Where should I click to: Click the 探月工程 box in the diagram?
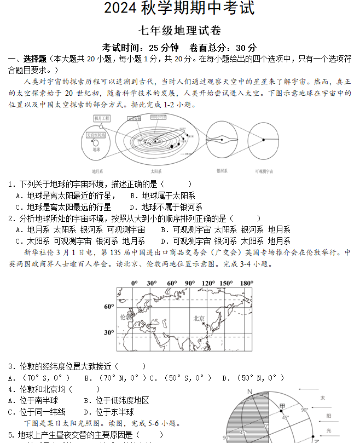click(102, 118)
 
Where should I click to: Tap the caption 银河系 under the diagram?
click(222, 171)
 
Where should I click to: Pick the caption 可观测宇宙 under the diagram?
click(264, 171)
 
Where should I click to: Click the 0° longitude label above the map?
click(135, 283)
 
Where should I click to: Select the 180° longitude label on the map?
click(247, 283)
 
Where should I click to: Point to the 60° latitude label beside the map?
click(109, 307)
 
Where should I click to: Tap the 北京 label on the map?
click(199, 318)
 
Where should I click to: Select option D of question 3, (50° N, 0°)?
click(253, 378)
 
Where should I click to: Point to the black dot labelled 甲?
click(277, 410)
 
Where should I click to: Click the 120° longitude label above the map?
click(208, 283)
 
